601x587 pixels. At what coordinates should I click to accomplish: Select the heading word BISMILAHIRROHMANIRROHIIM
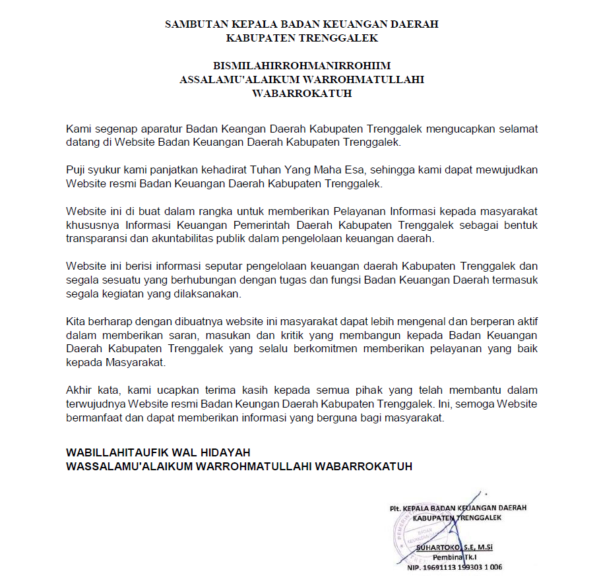pyautogui.click(x=302, y=66)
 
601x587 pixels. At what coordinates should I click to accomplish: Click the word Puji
pyautogui.click(x=77, y=170)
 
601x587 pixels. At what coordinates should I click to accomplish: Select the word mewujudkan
pyautogui.click(x=507, y=170)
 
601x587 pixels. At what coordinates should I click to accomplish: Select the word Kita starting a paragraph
pyautogui.click(x=77, y=322)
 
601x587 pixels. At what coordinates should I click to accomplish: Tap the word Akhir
pyautogui.click(x=79, y=391)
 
